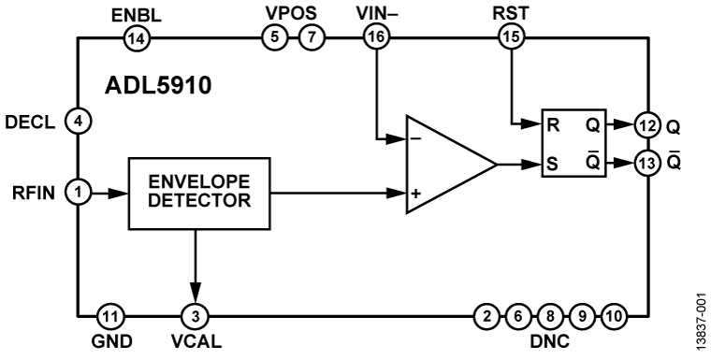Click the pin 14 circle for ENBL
tap(136, 37)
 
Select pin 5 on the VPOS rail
tap(272, 37)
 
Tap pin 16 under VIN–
tap(376, 37)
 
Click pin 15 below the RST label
tap(512, 37)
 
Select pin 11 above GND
tap(110, 315)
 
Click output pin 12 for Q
tap(646, 124)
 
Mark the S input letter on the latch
tap(553, 165)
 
